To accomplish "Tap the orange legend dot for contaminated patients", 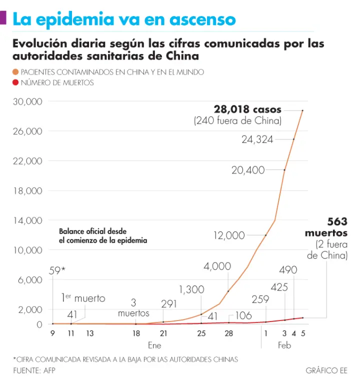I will [x=15, y=72].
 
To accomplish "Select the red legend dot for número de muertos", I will [x=15, y=83].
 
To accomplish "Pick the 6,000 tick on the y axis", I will [x=30, y=280].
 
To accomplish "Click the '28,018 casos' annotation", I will [x=247, y=109].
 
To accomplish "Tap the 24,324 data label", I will [x=257, y=139].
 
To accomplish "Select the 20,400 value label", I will [x=248, y=170].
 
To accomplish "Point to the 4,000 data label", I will [x=217, y=266].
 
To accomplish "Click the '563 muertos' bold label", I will [x=326, y=227].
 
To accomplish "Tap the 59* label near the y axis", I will [x=57, y=270].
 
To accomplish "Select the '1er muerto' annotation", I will [x=83, y=298].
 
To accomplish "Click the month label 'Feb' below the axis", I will [x=284, y=345].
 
